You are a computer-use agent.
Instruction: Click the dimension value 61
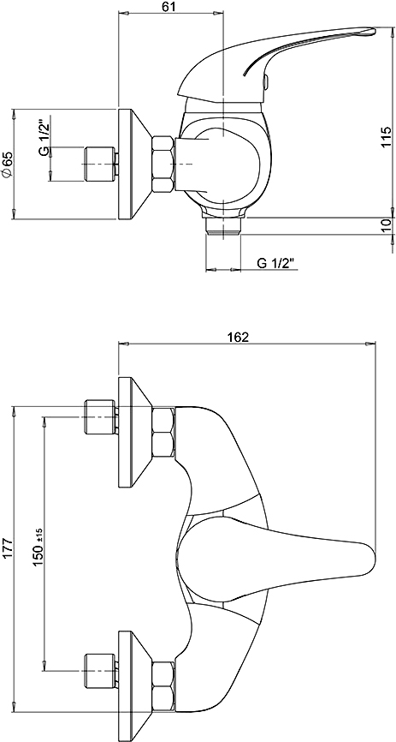coord(170,7)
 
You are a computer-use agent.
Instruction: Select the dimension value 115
coord(386,137)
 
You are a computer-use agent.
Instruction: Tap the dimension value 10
coord(387,225)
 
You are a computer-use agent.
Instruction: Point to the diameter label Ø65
coord(7,165)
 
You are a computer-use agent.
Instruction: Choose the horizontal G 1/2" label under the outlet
coord(276,263)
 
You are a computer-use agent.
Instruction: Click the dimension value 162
coord(238,337)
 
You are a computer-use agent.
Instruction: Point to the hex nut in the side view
coord(163,165)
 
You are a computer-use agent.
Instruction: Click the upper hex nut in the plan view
coord(163,432)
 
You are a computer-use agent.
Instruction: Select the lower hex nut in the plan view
coord(163,685)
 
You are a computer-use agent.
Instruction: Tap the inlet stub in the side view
coord(100,165)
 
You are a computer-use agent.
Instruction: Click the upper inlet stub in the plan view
coord(100,417)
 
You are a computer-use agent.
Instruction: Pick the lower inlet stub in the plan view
coord(100,671)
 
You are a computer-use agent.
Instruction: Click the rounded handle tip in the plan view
coord(372,559)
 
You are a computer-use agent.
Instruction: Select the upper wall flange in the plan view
coord(134,433)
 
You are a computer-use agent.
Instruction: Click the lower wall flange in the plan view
coord(134,685)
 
